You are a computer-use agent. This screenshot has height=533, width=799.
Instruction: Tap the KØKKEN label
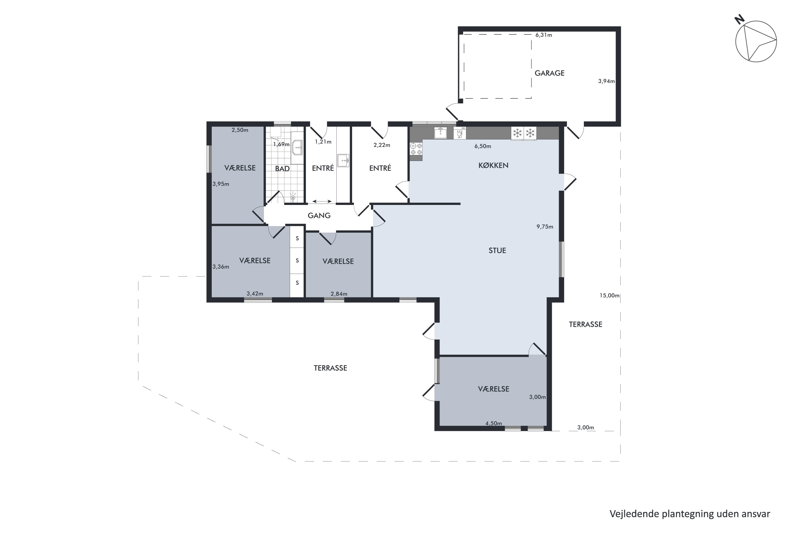pos(493,165)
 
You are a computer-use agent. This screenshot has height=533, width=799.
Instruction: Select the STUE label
pos(497,251)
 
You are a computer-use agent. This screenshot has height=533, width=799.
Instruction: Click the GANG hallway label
pos(319,216)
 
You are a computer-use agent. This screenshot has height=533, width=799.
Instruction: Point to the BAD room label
pos(282,169)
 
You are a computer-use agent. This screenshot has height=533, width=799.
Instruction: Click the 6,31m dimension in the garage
pos(544,35)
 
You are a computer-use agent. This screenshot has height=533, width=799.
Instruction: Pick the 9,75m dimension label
pos(545,227)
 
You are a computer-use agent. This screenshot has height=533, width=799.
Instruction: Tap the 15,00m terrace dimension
pos(609,295)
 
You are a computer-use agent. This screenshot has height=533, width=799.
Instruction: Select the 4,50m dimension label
pos(494,423)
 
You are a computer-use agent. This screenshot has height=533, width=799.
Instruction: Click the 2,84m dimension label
pos(339,294)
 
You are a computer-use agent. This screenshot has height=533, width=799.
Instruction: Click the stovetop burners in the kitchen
pos(416,149)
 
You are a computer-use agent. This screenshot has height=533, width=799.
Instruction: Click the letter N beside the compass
pos(739,20)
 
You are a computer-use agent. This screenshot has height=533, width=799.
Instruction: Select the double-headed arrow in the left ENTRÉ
pos(322,201)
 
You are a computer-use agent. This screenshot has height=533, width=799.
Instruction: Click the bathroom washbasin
pos(297,148)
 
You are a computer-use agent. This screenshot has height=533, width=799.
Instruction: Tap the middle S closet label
pos(297,261)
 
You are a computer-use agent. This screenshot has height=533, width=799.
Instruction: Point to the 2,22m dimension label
pos(382,145)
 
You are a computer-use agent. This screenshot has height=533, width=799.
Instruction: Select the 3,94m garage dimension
pos(606,81)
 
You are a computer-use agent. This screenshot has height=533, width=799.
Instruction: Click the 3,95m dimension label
pos(221,184)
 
